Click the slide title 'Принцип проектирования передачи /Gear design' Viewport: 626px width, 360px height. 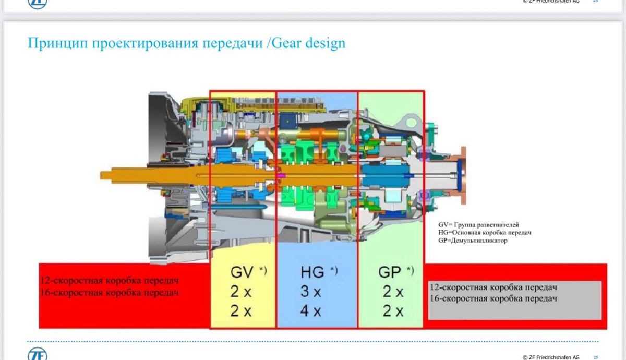pyautogui.click(x=186, y=43)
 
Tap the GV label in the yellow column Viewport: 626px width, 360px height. pyautogui.click(x=243, y=272)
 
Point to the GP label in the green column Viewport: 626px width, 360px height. pyautogui.click(x=390, y=272)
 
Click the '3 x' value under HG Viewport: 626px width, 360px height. pyautogui.click(x=311, y=292)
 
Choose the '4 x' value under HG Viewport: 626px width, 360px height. pyautogui.click(x=311, y=311)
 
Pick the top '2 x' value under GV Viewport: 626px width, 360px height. pyautogui.click(x=241, y=292)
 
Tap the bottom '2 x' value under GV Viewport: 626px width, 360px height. pyautogui.click(x=241, y=311)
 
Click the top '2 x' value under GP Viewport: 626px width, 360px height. pyautogui.click(x=393, y=292)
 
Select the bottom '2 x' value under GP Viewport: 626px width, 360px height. pyautogui.click(x=393, y=311)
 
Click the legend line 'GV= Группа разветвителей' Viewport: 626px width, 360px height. pyautogui.click(x=478, y=225)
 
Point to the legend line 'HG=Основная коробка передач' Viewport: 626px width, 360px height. pyautogui.click(x=485, y=233)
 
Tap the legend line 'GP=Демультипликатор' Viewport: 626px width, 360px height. pyautogui.click(x=473, y=241)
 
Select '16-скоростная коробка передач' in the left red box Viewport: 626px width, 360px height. pyautogui.click(x=109, y=293)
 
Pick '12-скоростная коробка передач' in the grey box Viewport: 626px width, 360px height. pyautogui.click(x=493, y=287)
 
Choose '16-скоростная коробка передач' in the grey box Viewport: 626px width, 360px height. pyautogui.click(x=493, y=298)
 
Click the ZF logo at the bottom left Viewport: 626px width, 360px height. pyautogui.click(x=38, y=354)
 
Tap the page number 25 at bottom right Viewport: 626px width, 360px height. pyautogui.click(x=596, y=357)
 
